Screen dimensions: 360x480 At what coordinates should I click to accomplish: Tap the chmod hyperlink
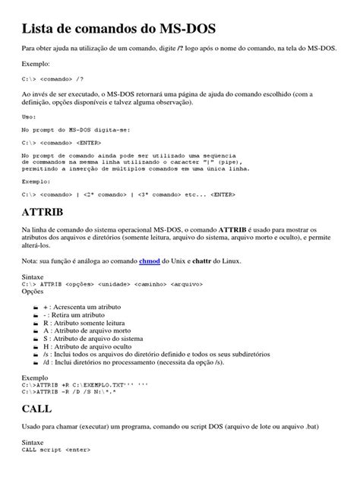coord(150,259)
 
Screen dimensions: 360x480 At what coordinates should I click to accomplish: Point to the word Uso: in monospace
coord(30,117)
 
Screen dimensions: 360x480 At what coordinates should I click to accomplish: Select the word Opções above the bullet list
coord(34,292)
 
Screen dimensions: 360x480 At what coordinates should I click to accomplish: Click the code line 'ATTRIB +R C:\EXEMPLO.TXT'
coord(84,385)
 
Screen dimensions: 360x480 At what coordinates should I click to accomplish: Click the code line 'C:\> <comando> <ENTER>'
coord(62,142)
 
